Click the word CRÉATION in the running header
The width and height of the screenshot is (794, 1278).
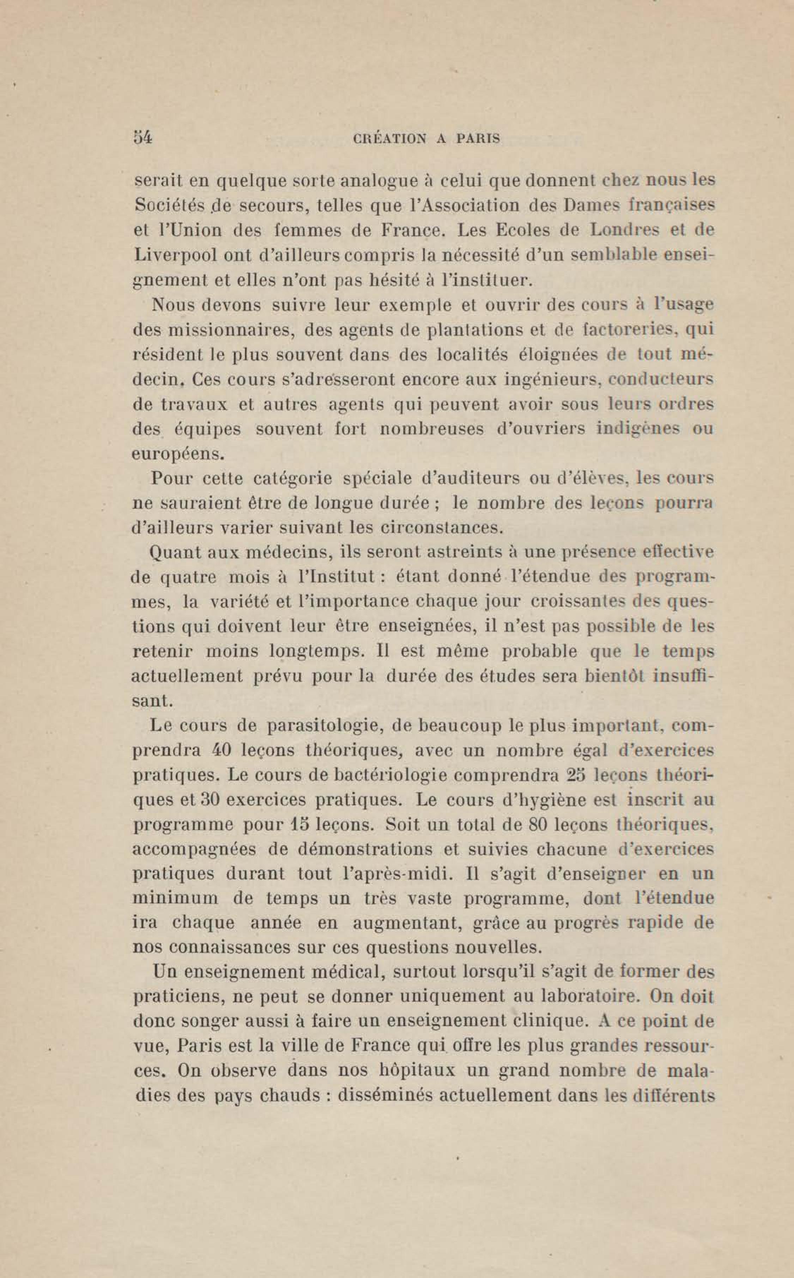(390, 139)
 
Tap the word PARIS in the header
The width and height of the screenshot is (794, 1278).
(478, 139)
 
